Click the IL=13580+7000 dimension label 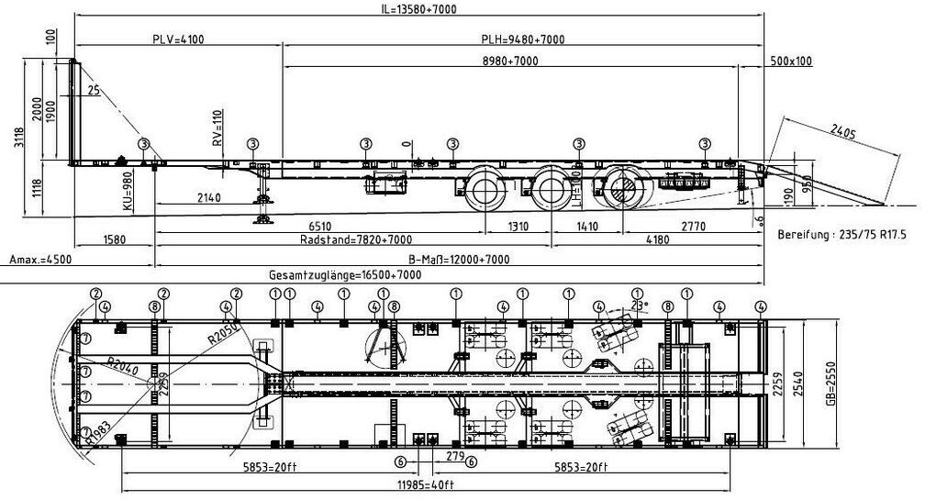pyautogui.click(x=418, y=9)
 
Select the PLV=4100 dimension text pyautogui.click(x=178, y=39)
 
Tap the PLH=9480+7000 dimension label pyautogui.click(x=523, y=39)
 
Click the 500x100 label pyautogui.click(x=791, y=61)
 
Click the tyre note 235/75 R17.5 pyautogui.click(x=849, y=235)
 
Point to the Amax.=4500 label pyautogui.click(x=39, y=260)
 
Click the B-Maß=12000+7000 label pyautogui.click(x=456, y=260)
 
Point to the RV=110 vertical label pyautogui.click(x=217, y=129)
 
